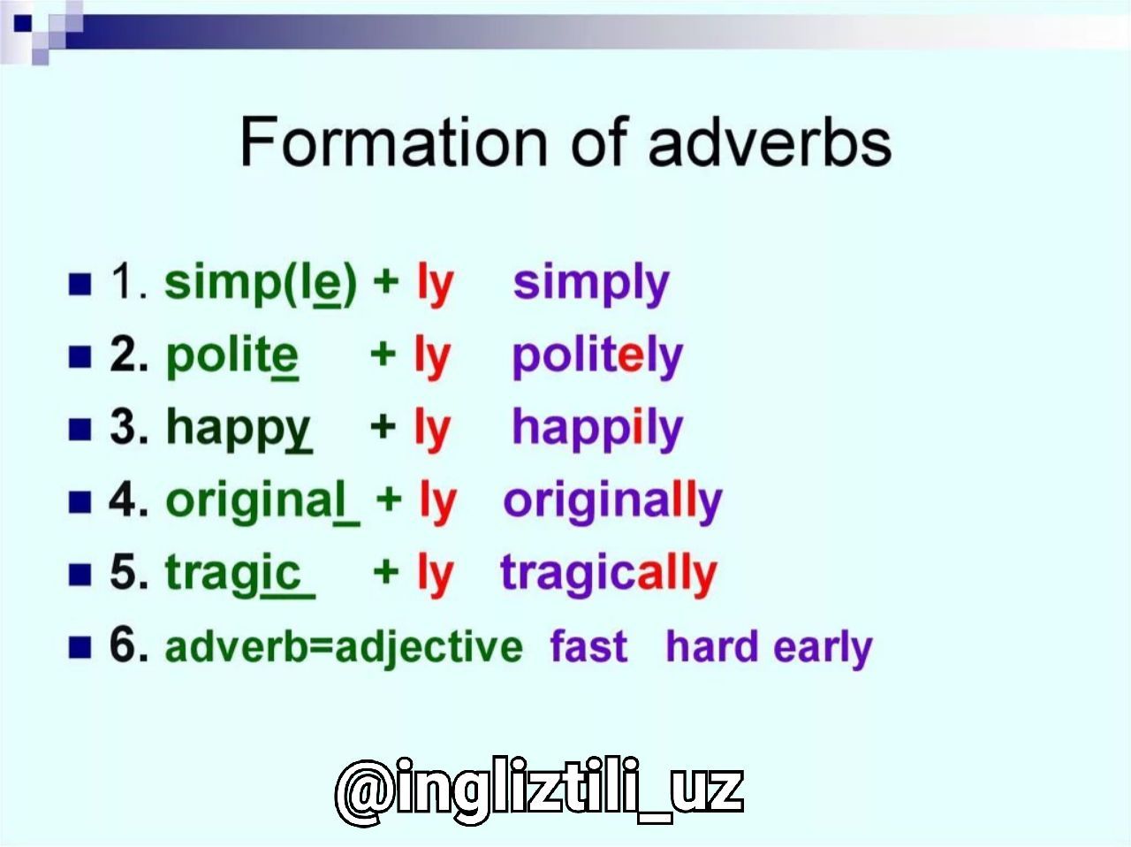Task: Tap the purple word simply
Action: point(591,284)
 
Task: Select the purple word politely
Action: point(597,356)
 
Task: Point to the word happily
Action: point(597,429)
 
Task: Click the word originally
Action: point(612,501)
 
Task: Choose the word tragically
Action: point(609,574)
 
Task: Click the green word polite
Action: point(232,356)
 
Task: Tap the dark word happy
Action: point(239,430)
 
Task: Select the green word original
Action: point(262,502)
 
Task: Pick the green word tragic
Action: point(240,575)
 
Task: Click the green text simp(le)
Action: point(261,284)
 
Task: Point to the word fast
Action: point(589,646)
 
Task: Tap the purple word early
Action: point(823,649)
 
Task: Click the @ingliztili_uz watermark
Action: point(540,790)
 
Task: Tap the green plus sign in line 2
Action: point(383,355)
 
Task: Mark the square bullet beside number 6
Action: point(80,647)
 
